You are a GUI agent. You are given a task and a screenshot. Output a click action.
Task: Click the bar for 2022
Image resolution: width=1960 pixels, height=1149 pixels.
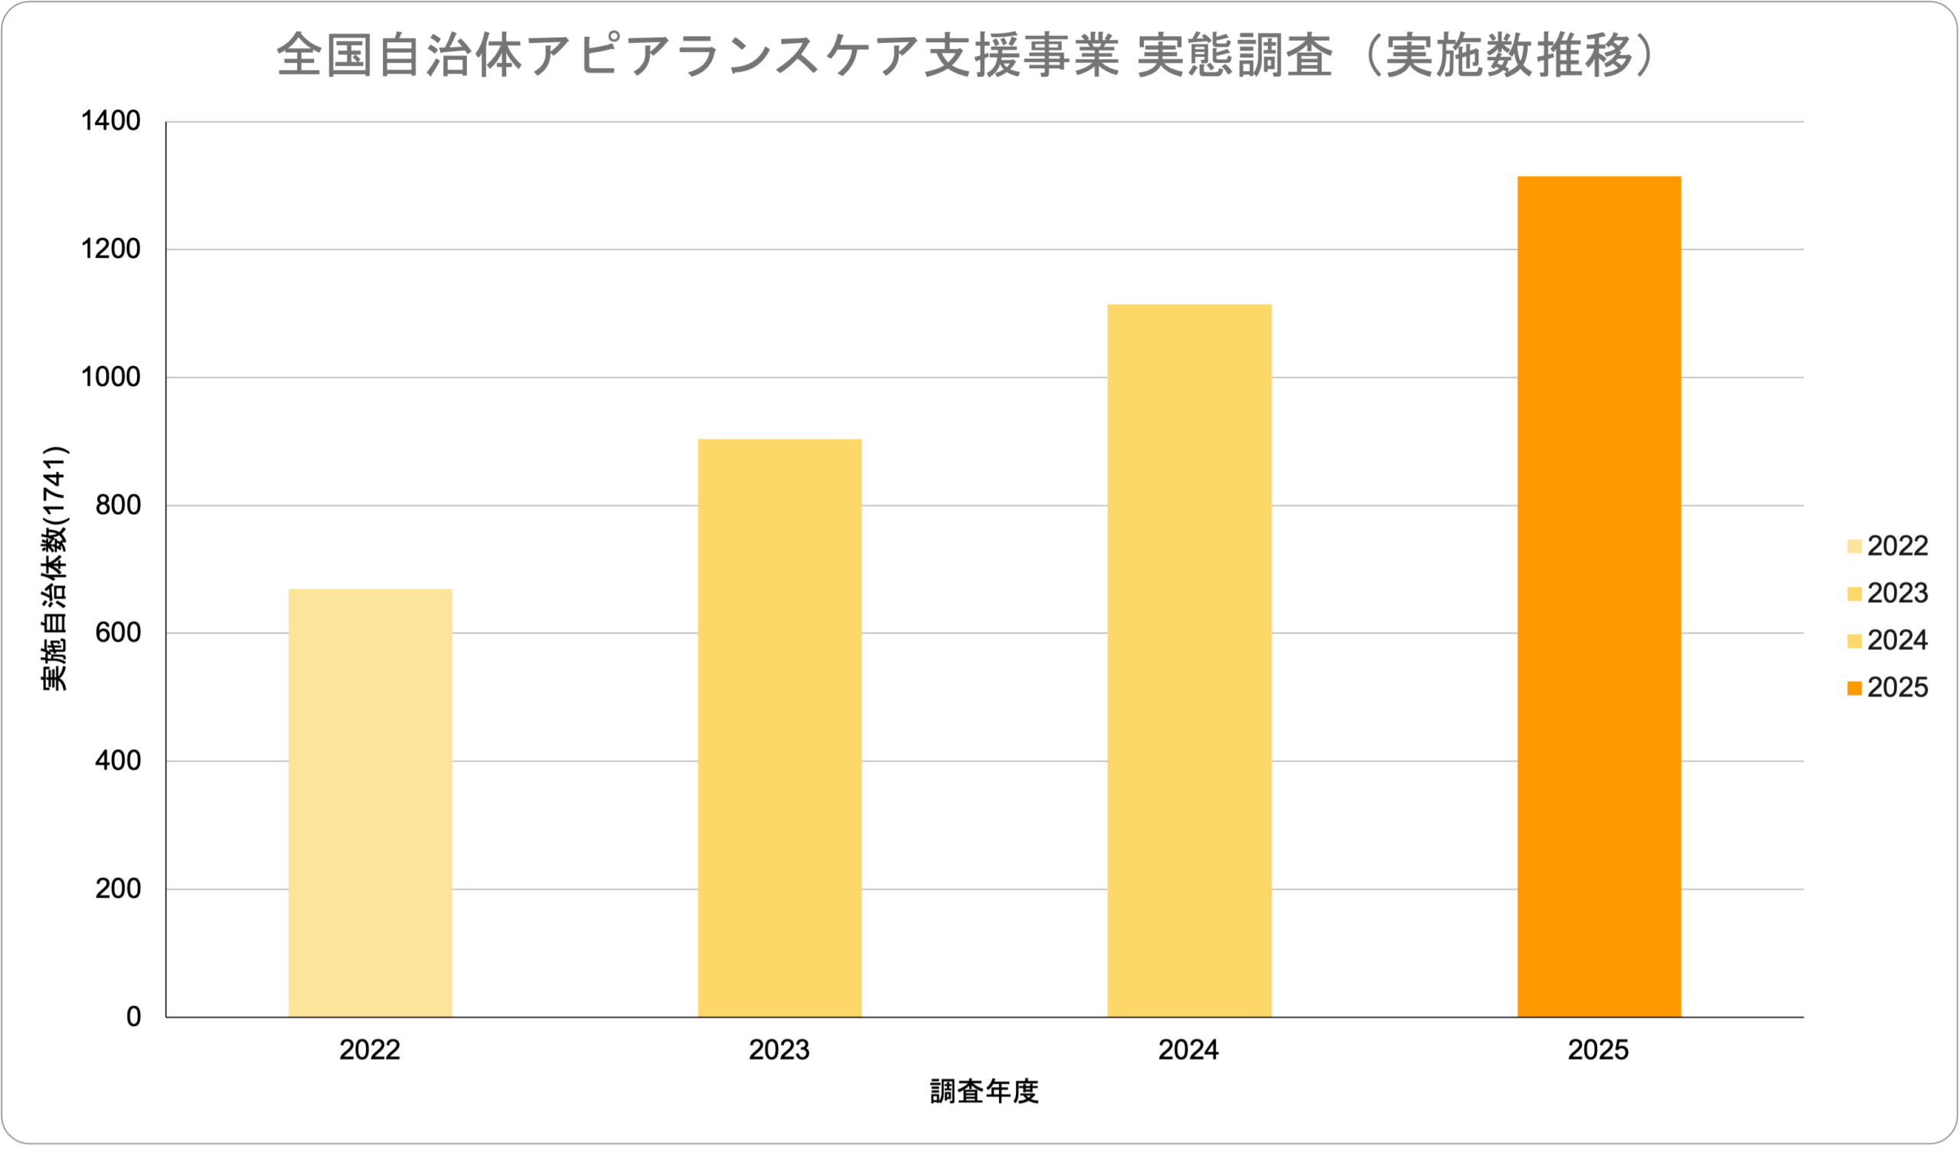tap(371, 803)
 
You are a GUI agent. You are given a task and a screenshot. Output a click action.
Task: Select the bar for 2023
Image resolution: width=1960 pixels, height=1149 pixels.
tap(779, 728)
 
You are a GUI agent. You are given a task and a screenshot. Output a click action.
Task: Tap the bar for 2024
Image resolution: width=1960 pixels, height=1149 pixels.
tap(1189, 660)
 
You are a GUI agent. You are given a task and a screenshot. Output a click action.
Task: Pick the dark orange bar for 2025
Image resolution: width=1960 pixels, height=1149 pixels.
tap(1599, 597)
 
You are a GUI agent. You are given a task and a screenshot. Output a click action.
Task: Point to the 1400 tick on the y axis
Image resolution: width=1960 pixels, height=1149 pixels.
tap(111, 121)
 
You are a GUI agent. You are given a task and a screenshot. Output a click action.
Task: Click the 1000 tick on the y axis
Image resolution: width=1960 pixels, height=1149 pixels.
tap(111, 378)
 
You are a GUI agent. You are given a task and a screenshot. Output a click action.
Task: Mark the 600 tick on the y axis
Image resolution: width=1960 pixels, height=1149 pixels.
tap(118, 633)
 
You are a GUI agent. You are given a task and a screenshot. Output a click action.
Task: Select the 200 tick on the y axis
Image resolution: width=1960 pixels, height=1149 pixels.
tap(118, 889)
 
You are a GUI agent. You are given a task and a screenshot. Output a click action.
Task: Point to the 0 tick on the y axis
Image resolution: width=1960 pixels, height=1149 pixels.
tap(134, 1016)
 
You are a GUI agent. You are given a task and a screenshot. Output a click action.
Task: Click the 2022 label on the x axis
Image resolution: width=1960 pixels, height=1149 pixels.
tap(371, 1050)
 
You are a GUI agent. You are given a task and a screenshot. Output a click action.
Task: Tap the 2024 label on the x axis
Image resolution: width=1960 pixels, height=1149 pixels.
tap(1188, 1050)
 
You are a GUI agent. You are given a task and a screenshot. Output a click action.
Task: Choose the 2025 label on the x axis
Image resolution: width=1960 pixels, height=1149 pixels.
tap(1599, 1050)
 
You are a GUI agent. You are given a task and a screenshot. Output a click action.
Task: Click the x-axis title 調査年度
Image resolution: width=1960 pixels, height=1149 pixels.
tap(984, 1092)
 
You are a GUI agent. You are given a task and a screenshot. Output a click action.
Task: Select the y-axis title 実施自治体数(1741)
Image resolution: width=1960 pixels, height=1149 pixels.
tap(55, 568)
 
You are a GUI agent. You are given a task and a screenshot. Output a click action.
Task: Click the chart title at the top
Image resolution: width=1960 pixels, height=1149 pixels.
tap(965, 56)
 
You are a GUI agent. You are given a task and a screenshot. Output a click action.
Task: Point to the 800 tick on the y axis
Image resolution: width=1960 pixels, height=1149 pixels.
tap(118, 506)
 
